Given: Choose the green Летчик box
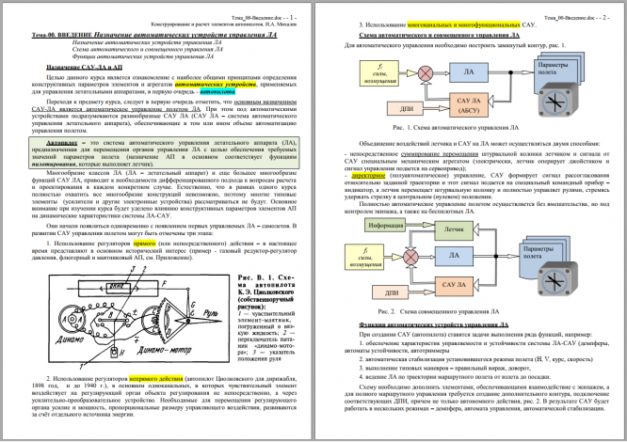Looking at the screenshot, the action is [x=456, y=229].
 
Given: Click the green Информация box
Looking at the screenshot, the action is [x=370, y=227].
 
